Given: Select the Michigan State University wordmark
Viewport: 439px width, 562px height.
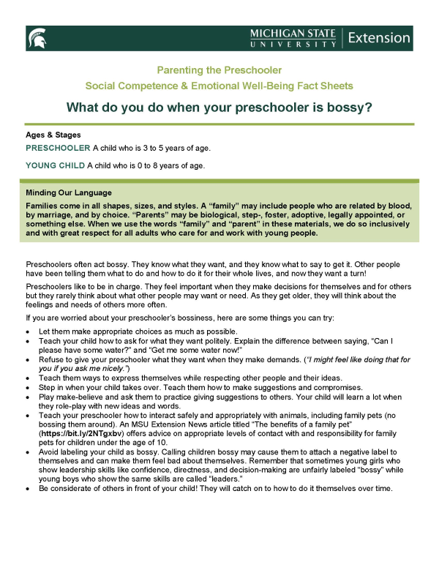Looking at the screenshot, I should pyautogui.click(x=293, y=38).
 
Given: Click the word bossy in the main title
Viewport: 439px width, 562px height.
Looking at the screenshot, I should pyautogui.click(x=350, y=108).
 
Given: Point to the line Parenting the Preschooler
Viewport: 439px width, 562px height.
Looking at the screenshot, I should pyautogui.click(x=219, y=70).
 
